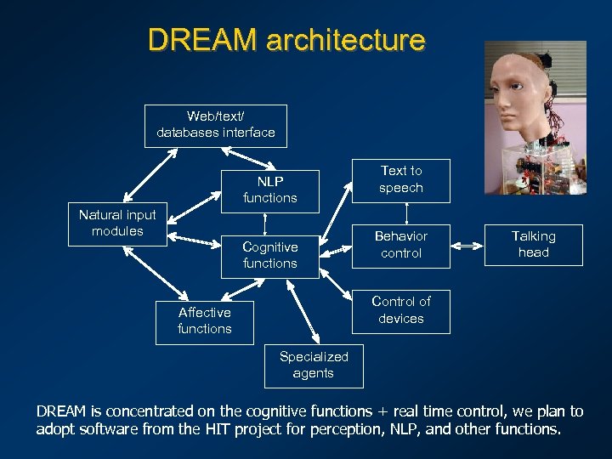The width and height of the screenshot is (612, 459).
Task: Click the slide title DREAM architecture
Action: click(x=286, y=40)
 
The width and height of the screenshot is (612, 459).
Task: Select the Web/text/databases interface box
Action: click(x=215, y=125)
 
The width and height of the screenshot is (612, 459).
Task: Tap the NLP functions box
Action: click(x=270, y=190)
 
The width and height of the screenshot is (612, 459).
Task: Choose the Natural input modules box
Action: click(x=117, y=224)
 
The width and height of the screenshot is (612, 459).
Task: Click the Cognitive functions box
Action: click(x=270, y=255)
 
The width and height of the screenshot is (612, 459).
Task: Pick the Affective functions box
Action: click(x=204, y=320)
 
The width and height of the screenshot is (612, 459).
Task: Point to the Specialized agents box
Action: click(x=314, y=365)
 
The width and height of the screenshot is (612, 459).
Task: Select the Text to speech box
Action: click(x=400, y=179)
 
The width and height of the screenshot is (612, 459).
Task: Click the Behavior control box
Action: click(x=400, y=245)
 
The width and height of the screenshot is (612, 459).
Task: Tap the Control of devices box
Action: click(x=400, y=310)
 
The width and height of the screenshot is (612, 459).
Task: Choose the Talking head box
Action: click(x=533, y=245)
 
